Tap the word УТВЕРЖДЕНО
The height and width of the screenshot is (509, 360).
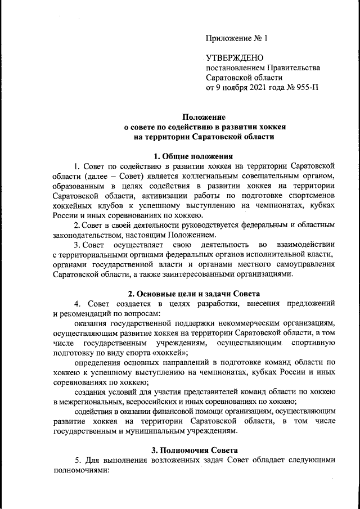tap(232, 58)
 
